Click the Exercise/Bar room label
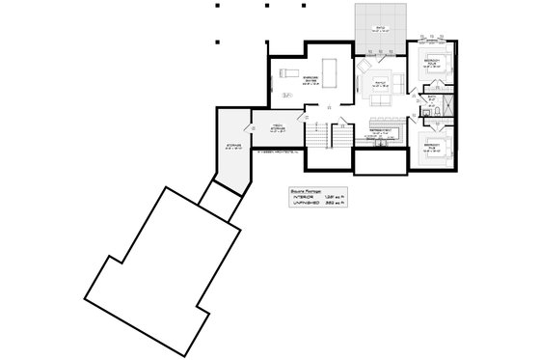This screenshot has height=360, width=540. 310,79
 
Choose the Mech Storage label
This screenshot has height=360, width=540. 275,126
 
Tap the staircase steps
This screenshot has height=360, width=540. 318,134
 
